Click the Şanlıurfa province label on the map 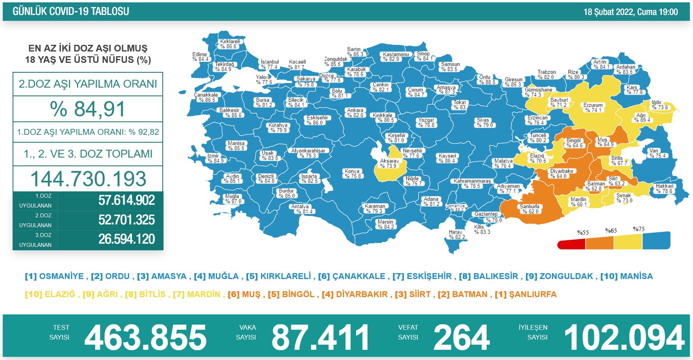pyautogui.click(x=529, y=209)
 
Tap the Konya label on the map pyautogui.click(x=352, y=173)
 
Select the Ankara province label pyautogui.click(x=355, y=113)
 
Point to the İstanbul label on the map pyautogui.click(x=270, y=64)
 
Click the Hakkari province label pyautogui.click(x=664, y=189)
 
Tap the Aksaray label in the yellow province pyautogui.click(x=389, y=163)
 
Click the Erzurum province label pyautogui.click(x=593, y=108)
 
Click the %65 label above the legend pyautogui.click(x=611, y=231)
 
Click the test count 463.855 pyautogui.click(x=145, y=338)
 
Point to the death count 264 pyautogui.click(x=461, y=338)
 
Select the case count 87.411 pyautogui.click(x=320, y=338)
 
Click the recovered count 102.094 pyautogui.click(x=624, y=338)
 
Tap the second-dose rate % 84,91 pyautogui.click(x=88, y=109)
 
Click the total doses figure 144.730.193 pyautogui.click(x=88, y=179)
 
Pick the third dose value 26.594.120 pyautogui.click(x=127, y=239)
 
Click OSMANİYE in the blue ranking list pyautogui.click(x=61, y=276)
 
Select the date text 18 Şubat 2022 pyautogui.click(x=608, y=12)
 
